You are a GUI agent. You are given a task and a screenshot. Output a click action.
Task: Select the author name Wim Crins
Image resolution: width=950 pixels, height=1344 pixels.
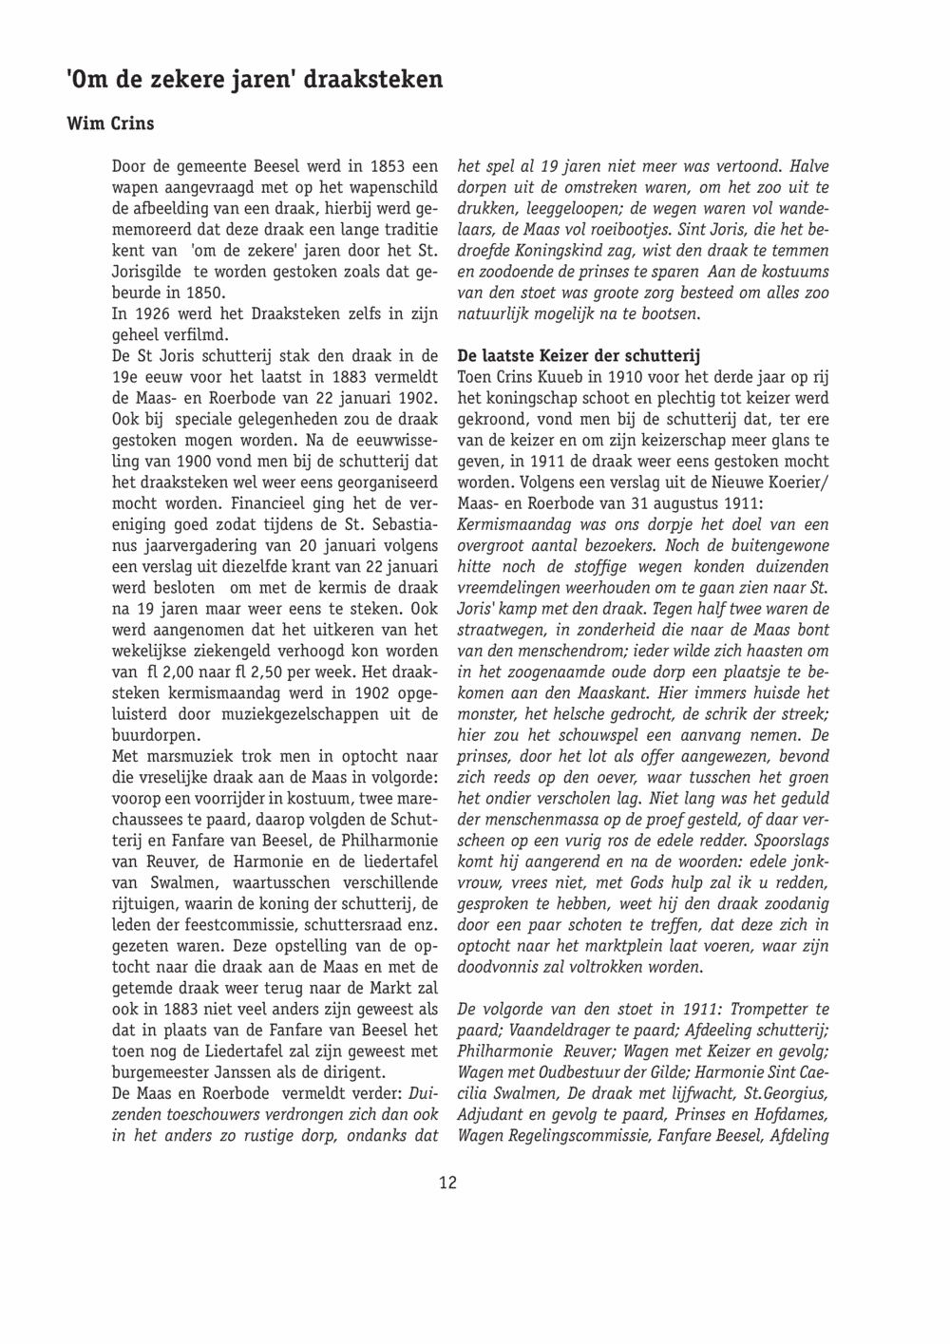110,123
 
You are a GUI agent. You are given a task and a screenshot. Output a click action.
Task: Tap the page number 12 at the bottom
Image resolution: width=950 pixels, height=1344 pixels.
447,1183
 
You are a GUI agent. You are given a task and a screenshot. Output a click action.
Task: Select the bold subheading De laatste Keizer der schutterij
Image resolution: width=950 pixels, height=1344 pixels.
578,356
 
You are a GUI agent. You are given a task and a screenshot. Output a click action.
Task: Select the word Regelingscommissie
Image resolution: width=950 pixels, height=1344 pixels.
581,1135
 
